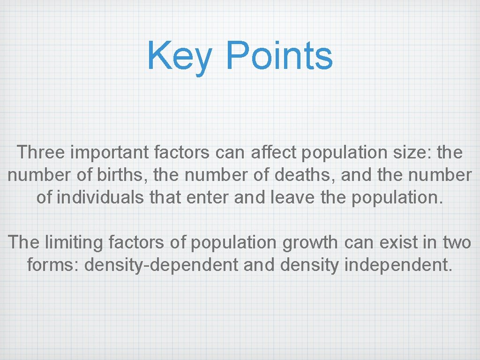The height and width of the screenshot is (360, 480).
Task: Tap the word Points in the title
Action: (279, 55)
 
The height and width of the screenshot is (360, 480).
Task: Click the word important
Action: (108, 153)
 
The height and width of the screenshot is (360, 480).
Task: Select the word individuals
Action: (100, 197)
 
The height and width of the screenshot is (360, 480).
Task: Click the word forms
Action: (53, 265)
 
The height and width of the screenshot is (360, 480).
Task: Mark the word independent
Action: (398, 265)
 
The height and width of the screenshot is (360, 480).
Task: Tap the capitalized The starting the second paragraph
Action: (24, 242)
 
